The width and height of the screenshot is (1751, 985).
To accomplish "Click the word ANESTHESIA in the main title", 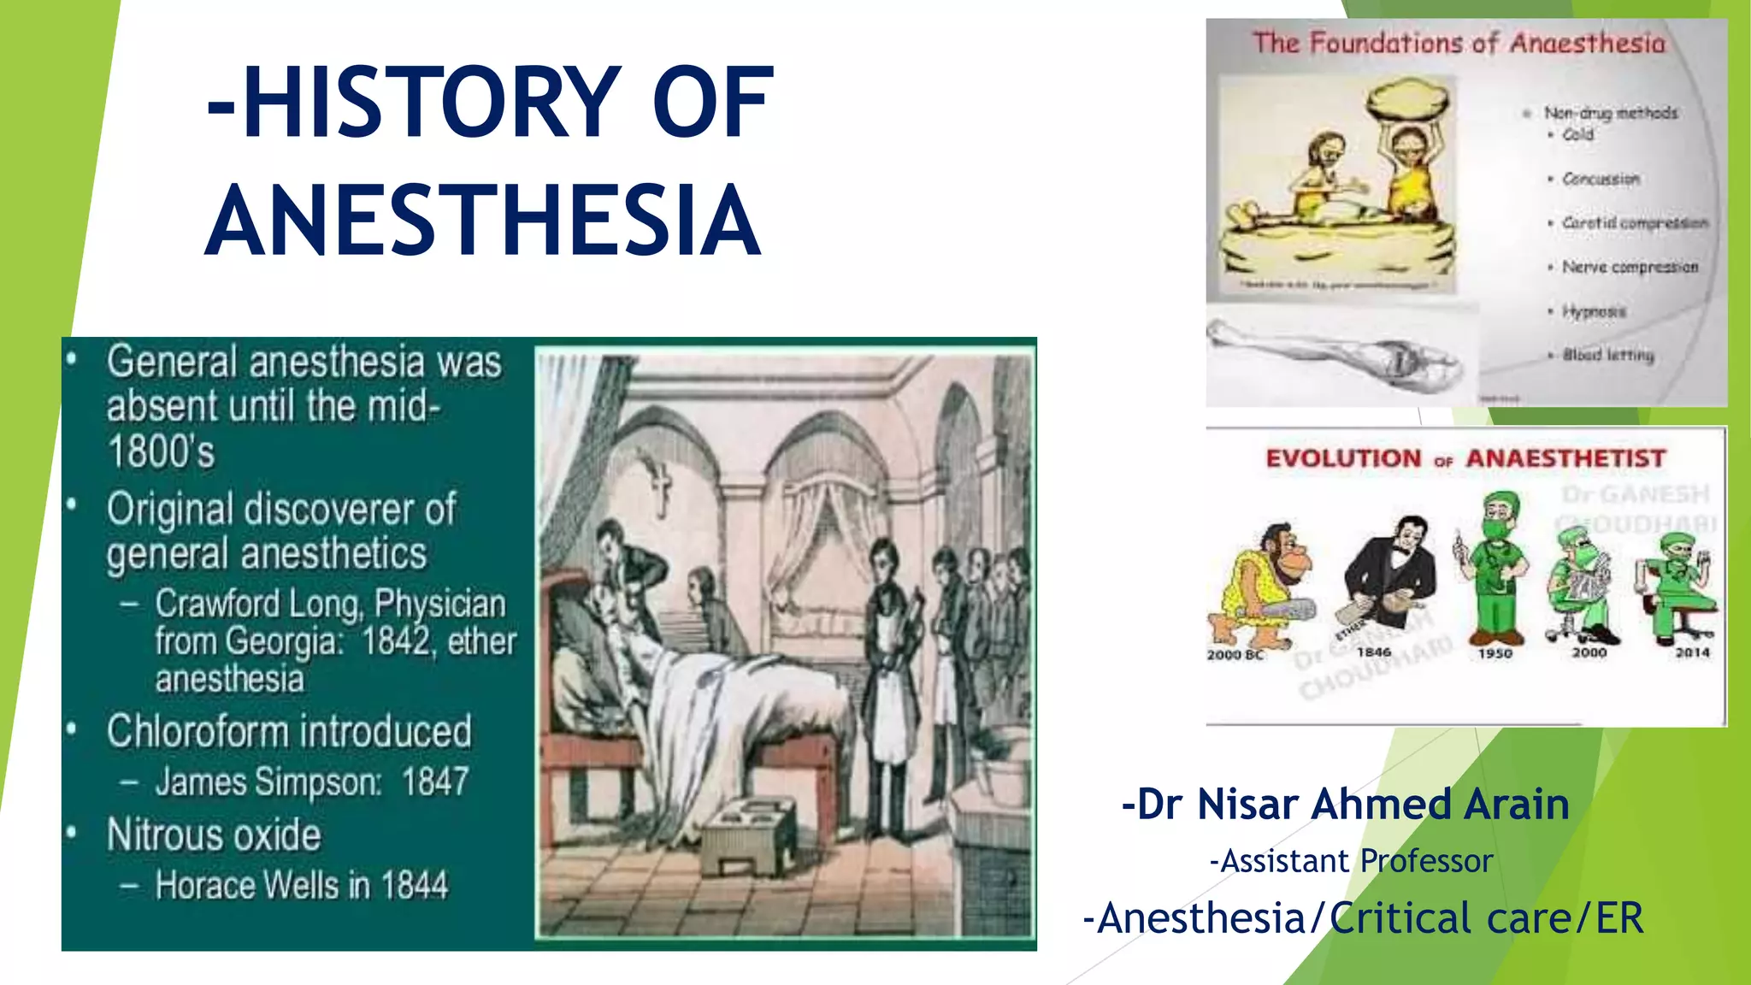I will click(x=483, y=221).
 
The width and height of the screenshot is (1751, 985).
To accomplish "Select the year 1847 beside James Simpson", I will click(x=435, y=782).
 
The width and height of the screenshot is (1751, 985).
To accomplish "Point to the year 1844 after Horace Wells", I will click(x=415, y=885).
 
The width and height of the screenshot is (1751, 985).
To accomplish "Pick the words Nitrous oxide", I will click(x=214, y=835).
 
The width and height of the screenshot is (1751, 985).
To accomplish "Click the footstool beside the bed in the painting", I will click(x=749, y=834).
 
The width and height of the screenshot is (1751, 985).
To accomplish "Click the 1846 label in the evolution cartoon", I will click(x=1373, y=652).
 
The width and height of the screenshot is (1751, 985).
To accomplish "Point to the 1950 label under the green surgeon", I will click(x=1495, y=653).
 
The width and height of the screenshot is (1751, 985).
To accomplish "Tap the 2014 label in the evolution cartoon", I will click(x=1692, y=652).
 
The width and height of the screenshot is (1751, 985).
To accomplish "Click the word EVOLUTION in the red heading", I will click(x=1343, y=458).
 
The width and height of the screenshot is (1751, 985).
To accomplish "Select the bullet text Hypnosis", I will click(x=1594, y=311).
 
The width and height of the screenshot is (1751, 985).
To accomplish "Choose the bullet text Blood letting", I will click(x=1608, y=355).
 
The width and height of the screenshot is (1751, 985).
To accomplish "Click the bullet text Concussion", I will click(x=1601, y=179).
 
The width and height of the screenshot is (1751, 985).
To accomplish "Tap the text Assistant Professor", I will click(x=1352, y=861).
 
